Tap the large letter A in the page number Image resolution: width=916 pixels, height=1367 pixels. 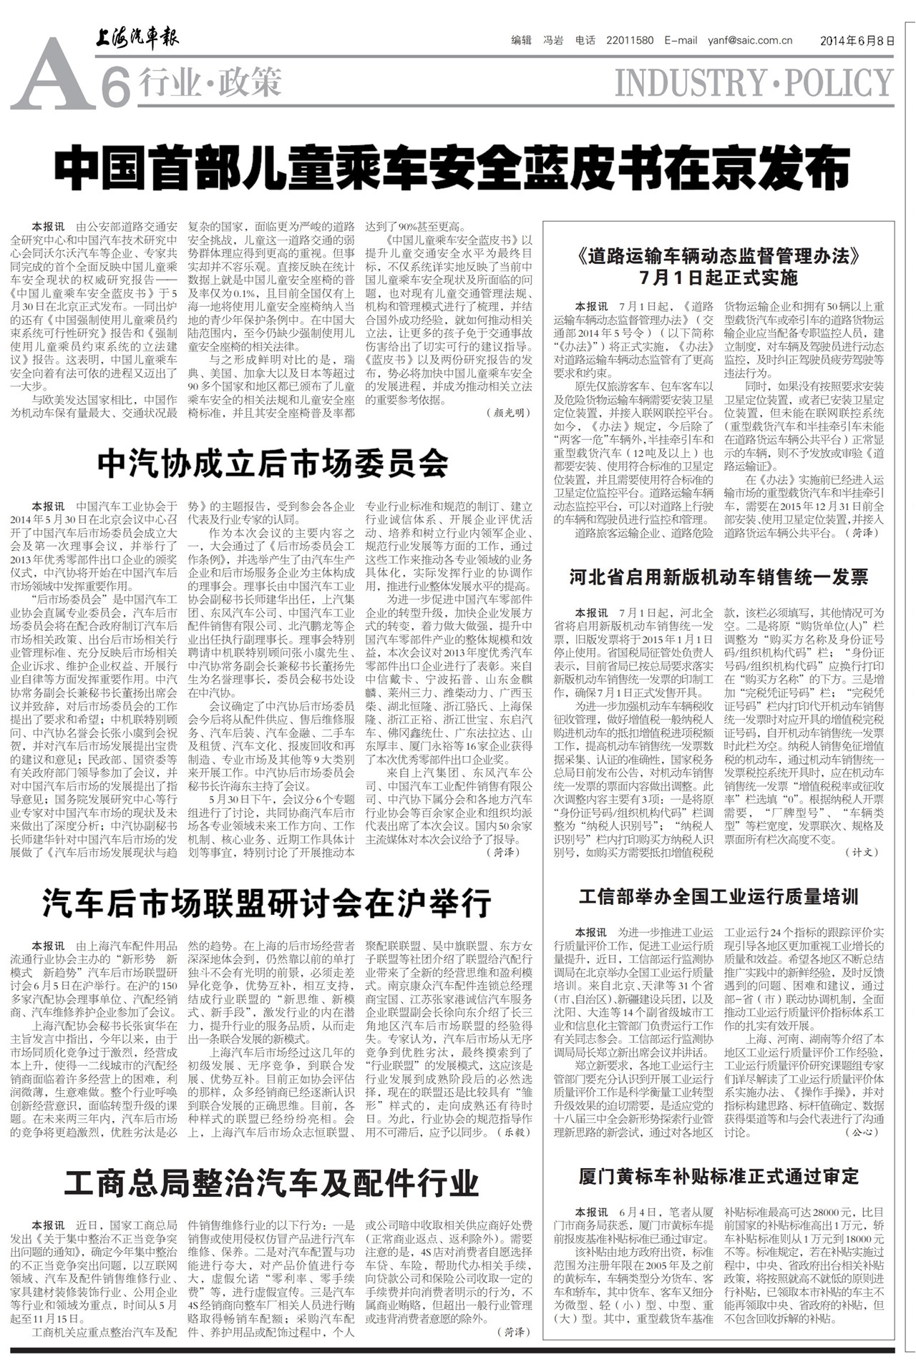click(x=52, y=76)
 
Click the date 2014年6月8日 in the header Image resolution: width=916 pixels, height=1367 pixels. click(x=857, y=41)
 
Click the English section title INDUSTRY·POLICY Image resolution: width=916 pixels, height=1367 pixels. click(x=754, y=83)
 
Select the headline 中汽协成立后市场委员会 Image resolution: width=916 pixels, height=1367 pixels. click(x=273, y=464)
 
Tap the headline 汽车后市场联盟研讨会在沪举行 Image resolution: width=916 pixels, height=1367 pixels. click(x=267, y=903)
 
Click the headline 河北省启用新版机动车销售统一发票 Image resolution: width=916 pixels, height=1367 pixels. click(x=718, y=577)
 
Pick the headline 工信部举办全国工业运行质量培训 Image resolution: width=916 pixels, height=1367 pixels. click(x=718, y=897)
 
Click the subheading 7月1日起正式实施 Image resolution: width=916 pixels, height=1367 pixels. click(x=718, y=277)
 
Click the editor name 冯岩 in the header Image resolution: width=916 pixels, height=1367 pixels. click(x=553, y=41)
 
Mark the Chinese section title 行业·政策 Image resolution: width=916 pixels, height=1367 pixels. click(x=210, y=83)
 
